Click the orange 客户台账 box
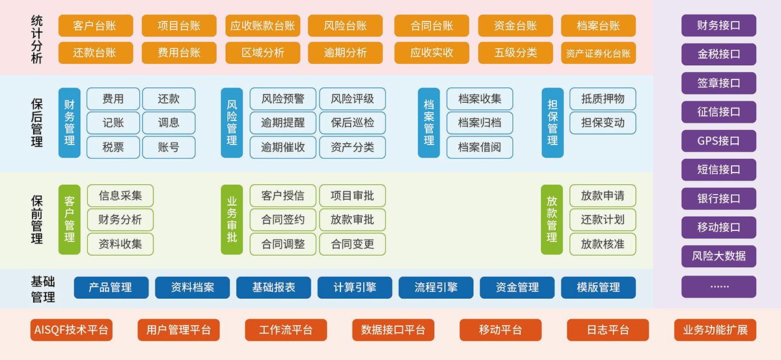95,26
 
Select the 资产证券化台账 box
598,53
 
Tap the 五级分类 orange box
515,53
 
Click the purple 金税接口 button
719,55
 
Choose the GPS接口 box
719,141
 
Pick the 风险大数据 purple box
719,256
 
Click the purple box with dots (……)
719,286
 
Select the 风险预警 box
282,99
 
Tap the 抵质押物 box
602,99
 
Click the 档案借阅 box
479,147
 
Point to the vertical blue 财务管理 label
69,123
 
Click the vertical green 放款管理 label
551,219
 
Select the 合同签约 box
282,220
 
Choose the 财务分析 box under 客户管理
120,220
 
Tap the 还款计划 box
602,220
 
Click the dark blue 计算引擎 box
355,287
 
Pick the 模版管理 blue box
598,287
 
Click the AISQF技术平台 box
72,330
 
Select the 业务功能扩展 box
715,330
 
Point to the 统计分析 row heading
36,39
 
